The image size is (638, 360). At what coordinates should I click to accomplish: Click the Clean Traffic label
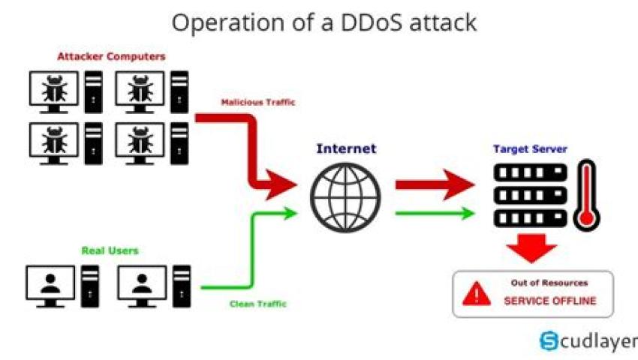257,304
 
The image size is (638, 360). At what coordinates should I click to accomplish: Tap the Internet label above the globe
346,148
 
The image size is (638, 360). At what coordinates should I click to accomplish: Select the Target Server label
529,149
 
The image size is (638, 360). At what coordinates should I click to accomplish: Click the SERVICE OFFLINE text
549,301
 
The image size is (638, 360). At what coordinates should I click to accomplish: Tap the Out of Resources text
549,283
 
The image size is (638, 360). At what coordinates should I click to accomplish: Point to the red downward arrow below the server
531,248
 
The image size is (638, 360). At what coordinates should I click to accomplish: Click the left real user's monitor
50,284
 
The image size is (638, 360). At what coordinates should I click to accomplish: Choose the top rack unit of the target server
530,172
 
